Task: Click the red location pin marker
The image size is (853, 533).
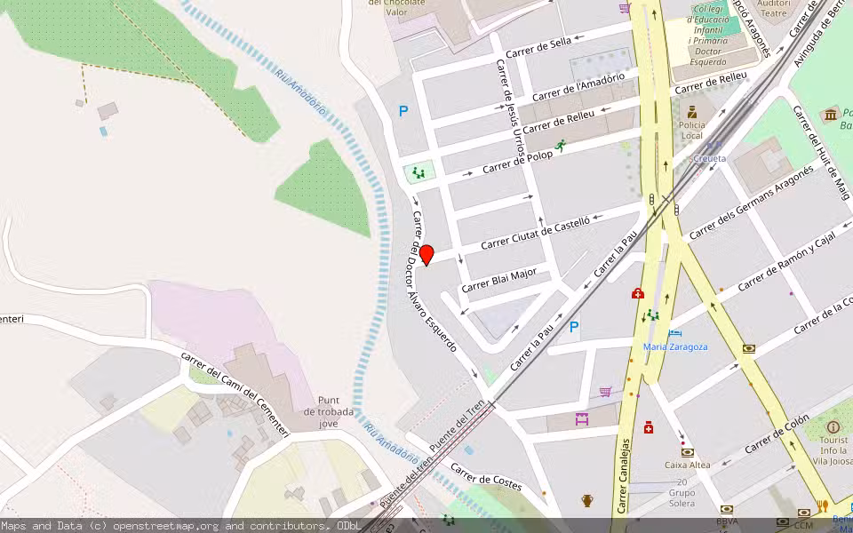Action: point(426,254)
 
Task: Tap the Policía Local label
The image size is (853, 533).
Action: point(691,131)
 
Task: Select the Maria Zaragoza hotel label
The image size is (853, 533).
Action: point(675,346)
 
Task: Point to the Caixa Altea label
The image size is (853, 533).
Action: point(687,465)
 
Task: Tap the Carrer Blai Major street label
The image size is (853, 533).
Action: point(498,280)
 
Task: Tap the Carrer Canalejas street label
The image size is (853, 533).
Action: point(625,476)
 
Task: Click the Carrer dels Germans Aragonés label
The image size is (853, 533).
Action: point(751,203)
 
